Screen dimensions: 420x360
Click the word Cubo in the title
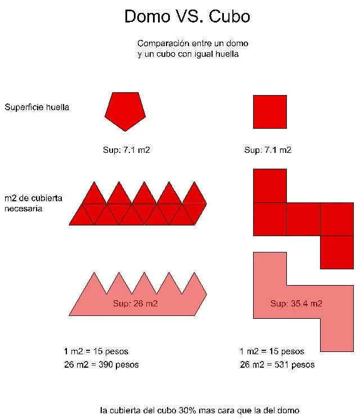pyautogui.click(x=229, y=17)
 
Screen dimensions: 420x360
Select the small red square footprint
pyautogui.click(x=270, y=111)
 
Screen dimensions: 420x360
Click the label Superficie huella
pyautogui.click(x=37, y=107)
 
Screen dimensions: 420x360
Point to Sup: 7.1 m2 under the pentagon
pyautogui.click(x=124, y=150)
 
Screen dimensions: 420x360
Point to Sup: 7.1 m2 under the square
pyautogui.click(x=268, y=150)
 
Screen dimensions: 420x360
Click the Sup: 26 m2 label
pyautogui.click(x=135, y=304)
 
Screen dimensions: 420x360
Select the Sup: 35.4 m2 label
pyautogui.click(x=296, y=304)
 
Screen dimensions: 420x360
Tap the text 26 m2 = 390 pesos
pyautogui.click(x=102, y=364)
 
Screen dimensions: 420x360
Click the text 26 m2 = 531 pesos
pyautogui.click(x=277, y=364)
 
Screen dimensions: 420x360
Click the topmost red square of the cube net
pyautogui.click(x=270, y=186)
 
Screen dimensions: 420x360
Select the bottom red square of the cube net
pyautogui.click(x=336, y=252)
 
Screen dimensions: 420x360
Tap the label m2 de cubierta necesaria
pyautogui.click(x=33, y=203)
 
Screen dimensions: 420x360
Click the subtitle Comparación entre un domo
pyautogui.click(x=192, y=43)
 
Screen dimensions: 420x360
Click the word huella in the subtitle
pyautogui.click(x=227, y=55)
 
